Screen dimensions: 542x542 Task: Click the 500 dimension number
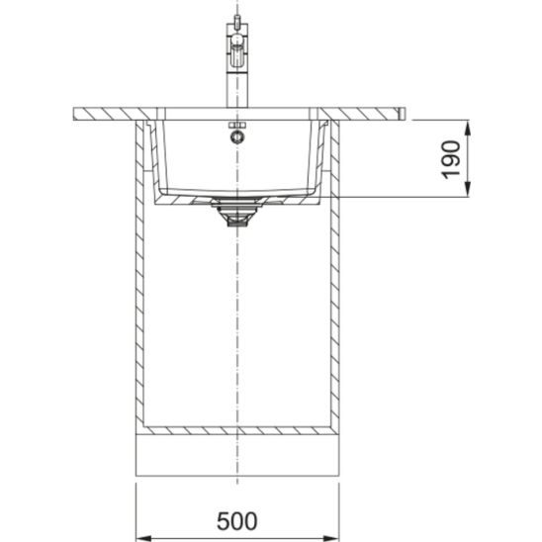pos(237,521)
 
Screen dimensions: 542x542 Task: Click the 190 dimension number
pos(451,159)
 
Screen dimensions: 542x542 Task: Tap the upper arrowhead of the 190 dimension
pos(468,129)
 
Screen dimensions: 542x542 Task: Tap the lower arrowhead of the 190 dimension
pos(468,189)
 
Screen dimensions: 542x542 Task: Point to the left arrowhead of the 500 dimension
pos(144,538)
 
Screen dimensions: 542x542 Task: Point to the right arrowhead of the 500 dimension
pos(330,538)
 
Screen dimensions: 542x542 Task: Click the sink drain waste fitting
pos(237,211)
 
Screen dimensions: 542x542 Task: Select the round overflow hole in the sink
pos(237,136)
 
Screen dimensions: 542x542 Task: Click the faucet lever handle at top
pos(237,51)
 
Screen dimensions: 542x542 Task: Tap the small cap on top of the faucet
pos(237,20)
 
